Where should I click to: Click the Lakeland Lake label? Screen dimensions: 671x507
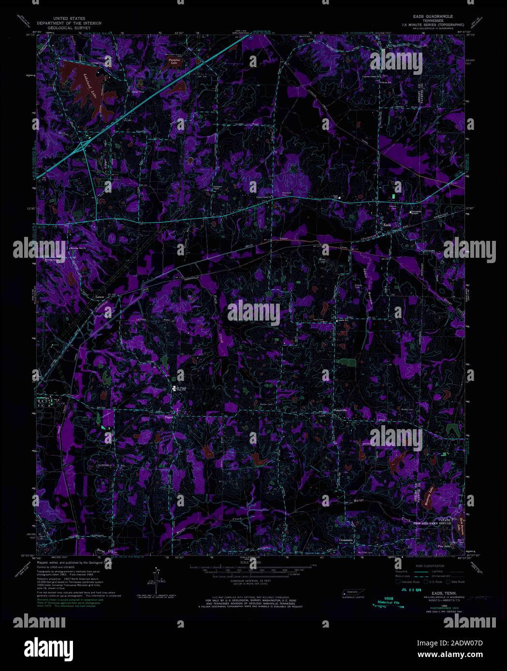[x=92, y=87]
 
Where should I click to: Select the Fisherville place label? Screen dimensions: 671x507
[x=340, y=410]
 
